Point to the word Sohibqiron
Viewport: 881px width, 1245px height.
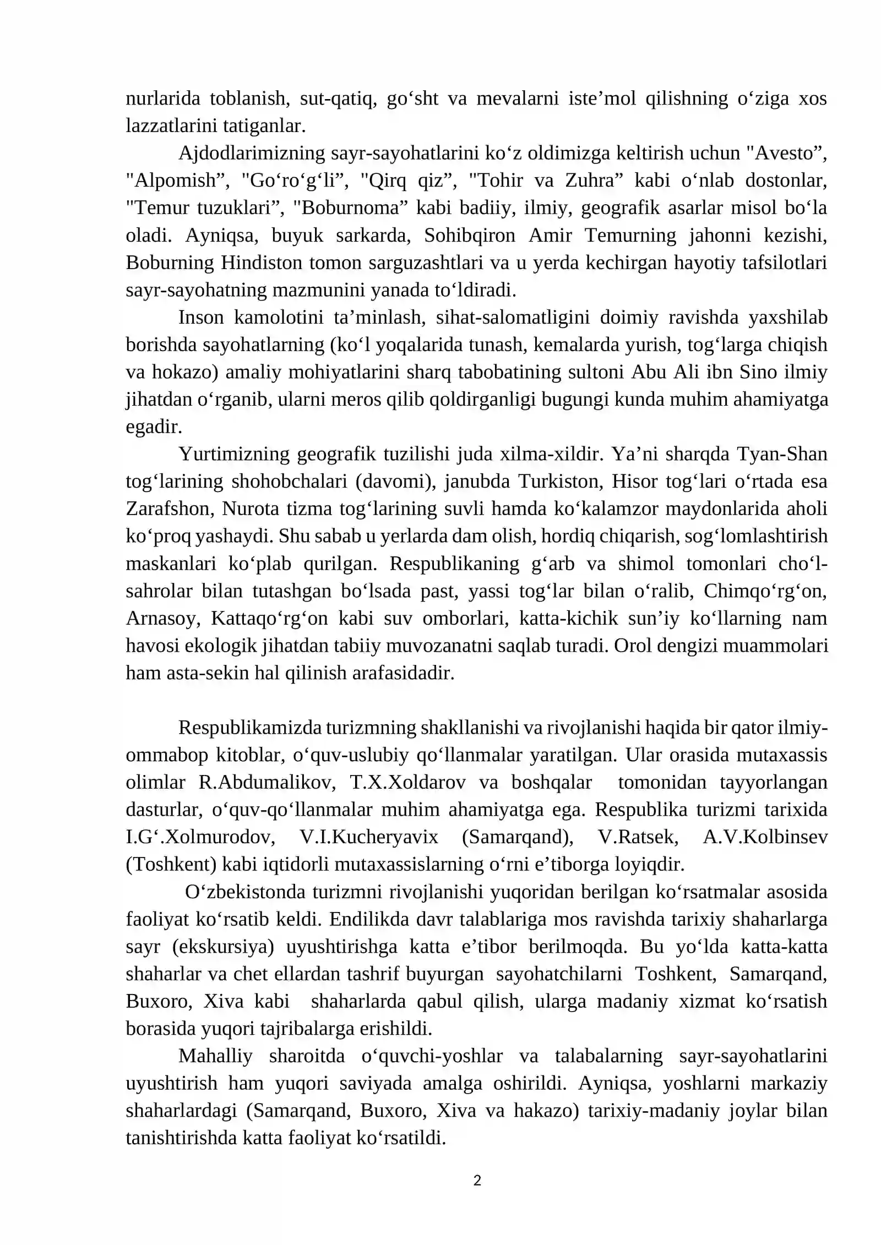click(469, 236)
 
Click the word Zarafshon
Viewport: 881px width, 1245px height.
click(168, 509)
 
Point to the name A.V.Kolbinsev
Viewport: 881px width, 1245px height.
click(765, 837)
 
